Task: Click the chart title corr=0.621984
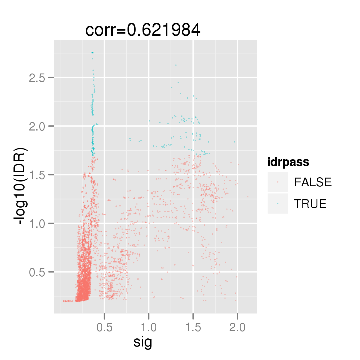(x=143, y=30)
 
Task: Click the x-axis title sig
(x=143, y=342)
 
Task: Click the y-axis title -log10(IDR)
(x=21, y=186)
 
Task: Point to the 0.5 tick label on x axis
(x=104, y=328)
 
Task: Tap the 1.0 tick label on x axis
(x=149, y=328)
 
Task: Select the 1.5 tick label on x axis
(x=193, y=328)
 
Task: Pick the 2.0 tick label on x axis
(x=237, y=328)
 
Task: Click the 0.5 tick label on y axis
(x=37, y=272)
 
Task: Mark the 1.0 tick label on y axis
(x=37, y=224)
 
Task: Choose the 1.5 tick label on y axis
(x=37, y=175)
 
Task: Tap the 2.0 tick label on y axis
(x=37, y=126)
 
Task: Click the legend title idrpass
(x=288, y=162)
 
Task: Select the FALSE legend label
(x=313, y=182)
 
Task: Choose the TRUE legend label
(x=310, y=204)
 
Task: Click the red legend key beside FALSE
(x=278, y=182)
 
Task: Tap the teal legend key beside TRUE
(x=278, y=204)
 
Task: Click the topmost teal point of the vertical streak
(x=92, y=53)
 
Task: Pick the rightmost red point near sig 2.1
(x=248, y=197)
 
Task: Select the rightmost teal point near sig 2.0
(x=235, y=142)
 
